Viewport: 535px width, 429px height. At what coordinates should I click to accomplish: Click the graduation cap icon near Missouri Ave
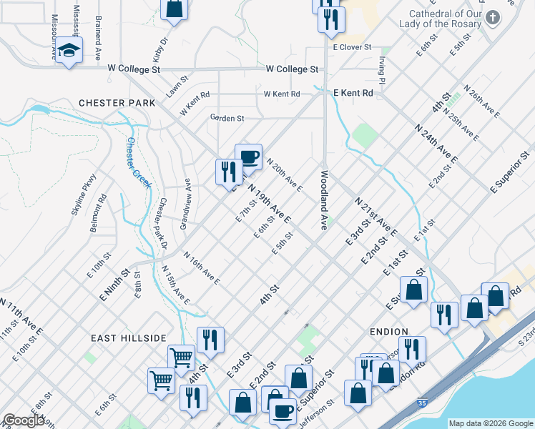[x=69, y=50]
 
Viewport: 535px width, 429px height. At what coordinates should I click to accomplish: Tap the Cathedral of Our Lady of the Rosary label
[x=445, y=19]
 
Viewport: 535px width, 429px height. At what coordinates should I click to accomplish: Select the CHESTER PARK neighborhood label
[x=117, y=103]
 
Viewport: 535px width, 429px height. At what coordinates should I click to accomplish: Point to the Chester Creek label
[x=139, y=163]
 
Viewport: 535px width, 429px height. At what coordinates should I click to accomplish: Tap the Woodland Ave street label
[x=324, y=199]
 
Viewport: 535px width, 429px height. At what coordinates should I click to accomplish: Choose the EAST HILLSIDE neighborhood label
[x=129, y=337]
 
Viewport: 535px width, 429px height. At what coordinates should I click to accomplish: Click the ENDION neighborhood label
[x=389, y=332]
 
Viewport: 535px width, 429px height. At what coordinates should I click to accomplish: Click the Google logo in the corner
[x=24, y=420]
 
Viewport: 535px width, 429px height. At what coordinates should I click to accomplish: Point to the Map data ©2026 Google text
[x=491, y=423]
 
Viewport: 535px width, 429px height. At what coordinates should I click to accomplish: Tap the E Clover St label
[x=353, y=46]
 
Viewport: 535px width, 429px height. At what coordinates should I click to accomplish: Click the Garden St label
[x=227, y=117]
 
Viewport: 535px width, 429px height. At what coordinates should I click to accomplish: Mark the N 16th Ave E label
[x=201, y=268]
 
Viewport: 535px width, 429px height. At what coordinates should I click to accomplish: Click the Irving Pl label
[x=383, y=70]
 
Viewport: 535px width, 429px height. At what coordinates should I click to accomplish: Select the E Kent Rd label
[x=353, y=93]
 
